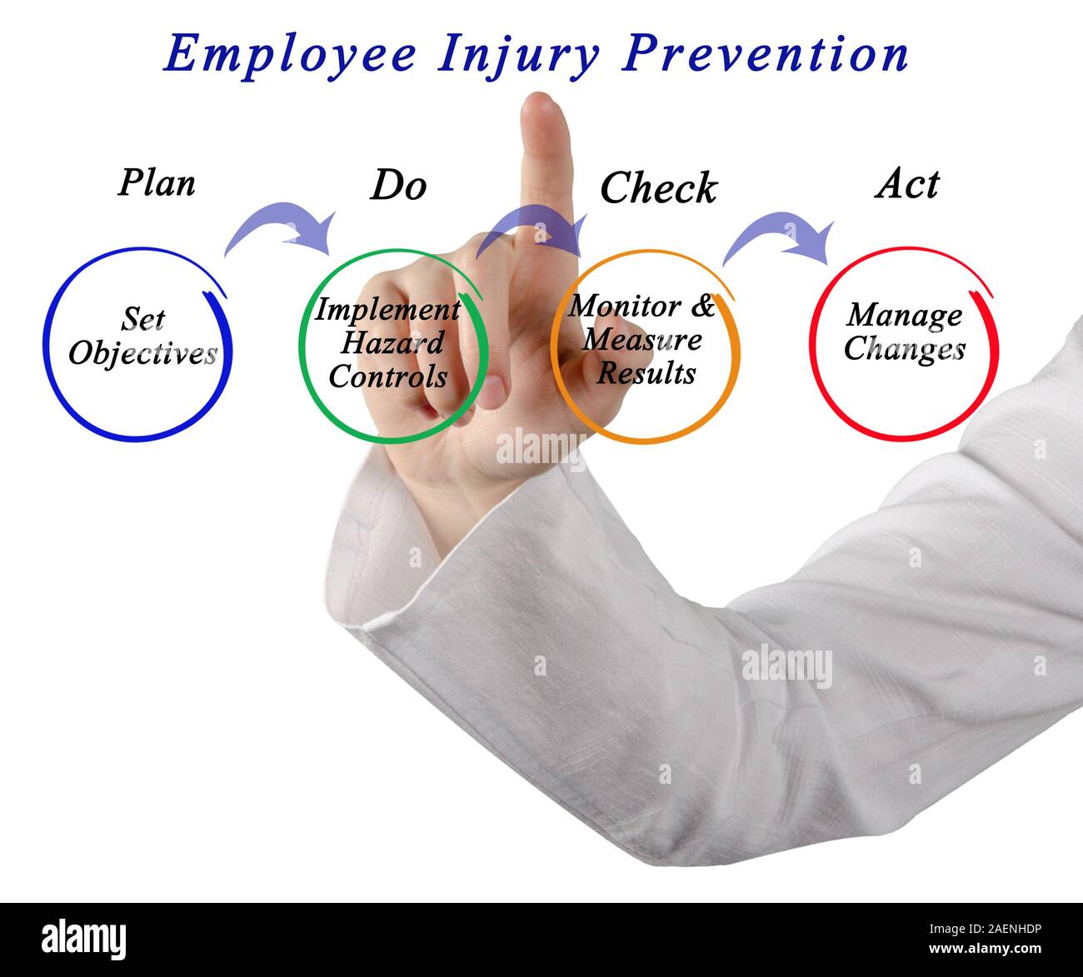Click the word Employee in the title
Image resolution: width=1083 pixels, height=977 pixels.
289,54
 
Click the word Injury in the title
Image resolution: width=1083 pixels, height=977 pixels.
517,55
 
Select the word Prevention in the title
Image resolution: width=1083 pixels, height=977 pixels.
766,54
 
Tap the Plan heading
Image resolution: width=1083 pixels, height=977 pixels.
157,183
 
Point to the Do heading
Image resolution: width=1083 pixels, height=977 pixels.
398,185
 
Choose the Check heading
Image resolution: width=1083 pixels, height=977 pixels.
658,188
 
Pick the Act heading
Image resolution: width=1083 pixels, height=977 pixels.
907,183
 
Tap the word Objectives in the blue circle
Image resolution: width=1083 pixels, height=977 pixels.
142,354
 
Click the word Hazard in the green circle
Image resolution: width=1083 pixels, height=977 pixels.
392,343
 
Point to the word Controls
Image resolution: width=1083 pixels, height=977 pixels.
388,376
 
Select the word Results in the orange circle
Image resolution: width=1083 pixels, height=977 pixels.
646,372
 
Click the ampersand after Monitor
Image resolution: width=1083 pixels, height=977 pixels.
703,307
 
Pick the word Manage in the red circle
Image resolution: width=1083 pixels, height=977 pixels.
904,315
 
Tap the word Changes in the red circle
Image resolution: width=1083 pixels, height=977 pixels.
904,348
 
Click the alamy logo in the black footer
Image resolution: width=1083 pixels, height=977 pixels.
84,939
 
